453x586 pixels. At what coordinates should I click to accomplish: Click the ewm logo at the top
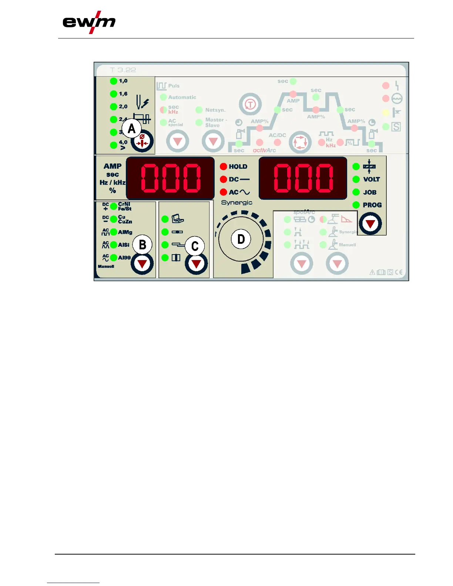pos(89,22)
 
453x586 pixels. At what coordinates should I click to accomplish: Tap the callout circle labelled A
pos(131,128)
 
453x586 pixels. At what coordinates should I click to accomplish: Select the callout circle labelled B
pos(142,245)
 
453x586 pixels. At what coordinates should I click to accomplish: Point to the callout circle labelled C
pos(195,246)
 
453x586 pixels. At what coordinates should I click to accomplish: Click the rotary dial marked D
pos(241,239)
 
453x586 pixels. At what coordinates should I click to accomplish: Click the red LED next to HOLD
pos(223,166)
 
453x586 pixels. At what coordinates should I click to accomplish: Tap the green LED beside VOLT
pos(356,179)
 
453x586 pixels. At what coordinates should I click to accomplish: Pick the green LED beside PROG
pos(356,205)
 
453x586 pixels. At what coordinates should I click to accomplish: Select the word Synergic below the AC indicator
pos(236,203)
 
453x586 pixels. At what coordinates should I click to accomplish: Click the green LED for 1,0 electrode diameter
pos(114,81)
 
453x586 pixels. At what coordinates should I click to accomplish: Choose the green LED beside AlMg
pos(114,232)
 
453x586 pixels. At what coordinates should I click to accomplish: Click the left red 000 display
pos(170,178)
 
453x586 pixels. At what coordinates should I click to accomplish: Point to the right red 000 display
pos(303,178)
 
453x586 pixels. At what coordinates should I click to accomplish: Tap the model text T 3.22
pos(123,70)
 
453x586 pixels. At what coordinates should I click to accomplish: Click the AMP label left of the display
pos(113,166)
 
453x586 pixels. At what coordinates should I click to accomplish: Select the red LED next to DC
pos(223,179)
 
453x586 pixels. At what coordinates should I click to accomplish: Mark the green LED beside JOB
pos(356,192)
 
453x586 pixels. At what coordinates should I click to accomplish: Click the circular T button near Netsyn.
pos(250,104)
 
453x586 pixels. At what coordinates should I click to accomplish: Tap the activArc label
pos(264,150)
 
